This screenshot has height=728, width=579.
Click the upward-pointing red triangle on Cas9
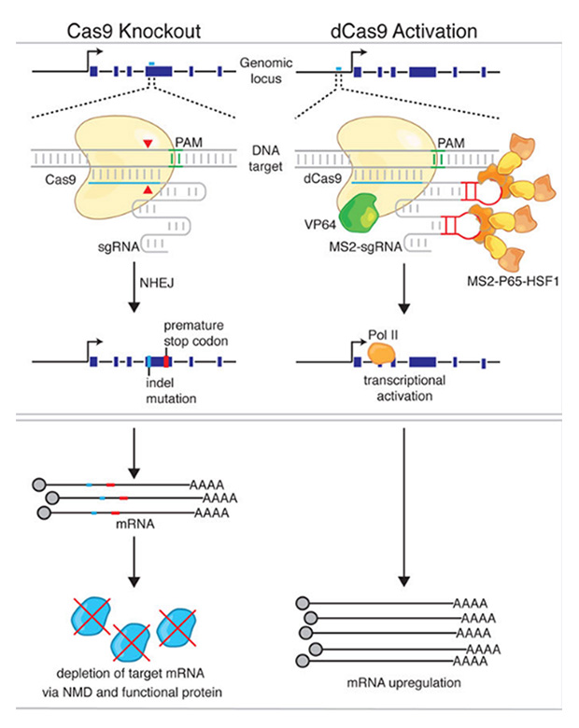click(144, 190)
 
